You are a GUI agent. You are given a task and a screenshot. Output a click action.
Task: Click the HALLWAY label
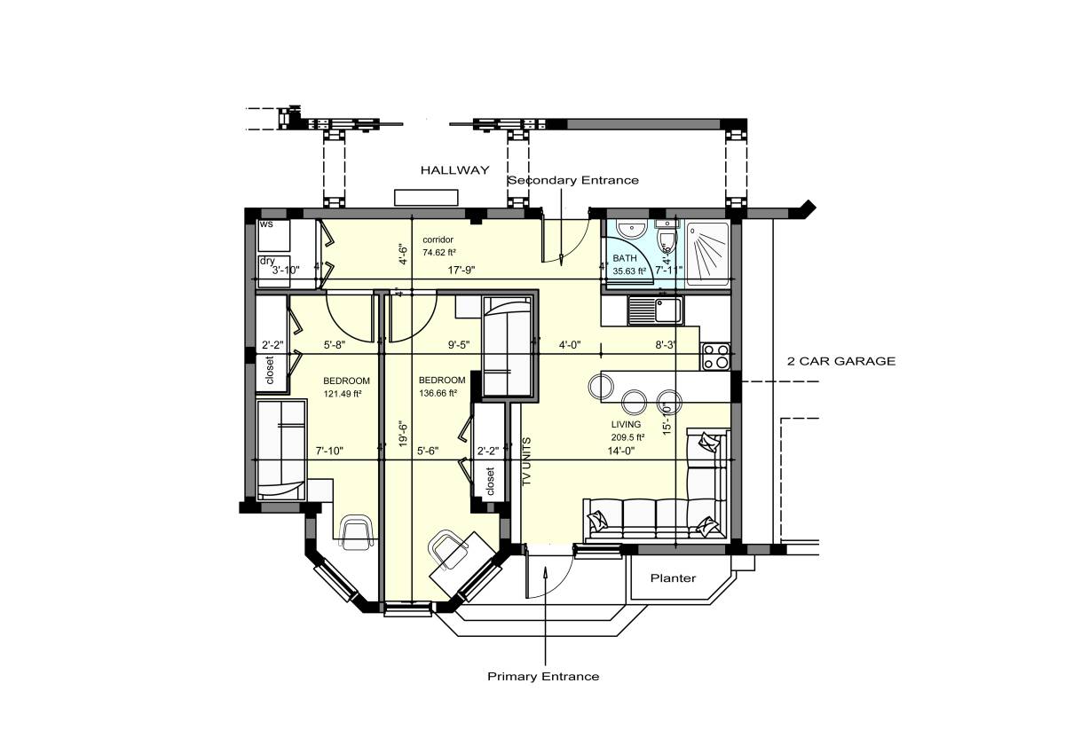coord(454,170)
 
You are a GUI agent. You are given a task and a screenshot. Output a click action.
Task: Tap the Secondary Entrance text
coord(572,180)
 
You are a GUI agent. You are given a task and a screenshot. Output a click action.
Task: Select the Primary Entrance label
coord(543,677)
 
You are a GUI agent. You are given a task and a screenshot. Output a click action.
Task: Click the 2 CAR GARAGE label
coord(841,361)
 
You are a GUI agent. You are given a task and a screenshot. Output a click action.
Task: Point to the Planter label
coord(673,578)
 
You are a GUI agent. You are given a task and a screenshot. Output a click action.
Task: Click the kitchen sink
coord(654,310)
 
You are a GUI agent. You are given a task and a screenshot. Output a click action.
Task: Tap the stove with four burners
coord(715,357)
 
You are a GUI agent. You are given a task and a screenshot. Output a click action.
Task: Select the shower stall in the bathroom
coord(708,252)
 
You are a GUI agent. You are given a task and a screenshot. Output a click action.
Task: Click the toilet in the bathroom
coord(666,240)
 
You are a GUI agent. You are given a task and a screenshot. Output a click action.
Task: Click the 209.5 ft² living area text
coord(626,437)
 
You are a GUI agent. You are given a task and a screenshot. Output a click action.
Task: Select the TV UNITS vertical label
coord(526,462)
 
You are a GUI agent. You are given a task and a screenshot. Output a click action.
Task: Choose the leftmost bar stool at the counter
coord(601,387)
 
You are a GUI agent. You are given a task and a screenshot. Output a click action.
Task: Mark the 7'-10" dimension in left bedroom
coord(329,451)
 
